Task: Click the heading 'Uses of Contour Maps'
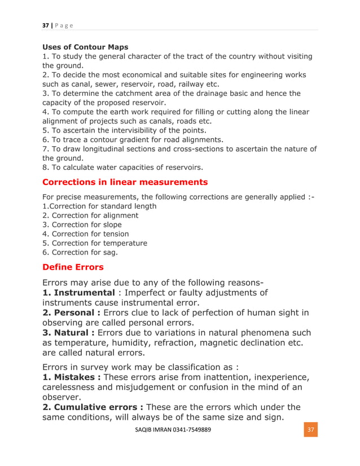pos(85,47)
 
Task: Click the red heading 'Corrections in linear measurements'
pos(125,182)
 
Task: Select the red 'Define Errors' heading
pos(73,266)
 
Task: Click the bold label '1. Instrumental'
pos(79,293)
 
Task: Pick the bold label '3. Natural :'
pos(68,333)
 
